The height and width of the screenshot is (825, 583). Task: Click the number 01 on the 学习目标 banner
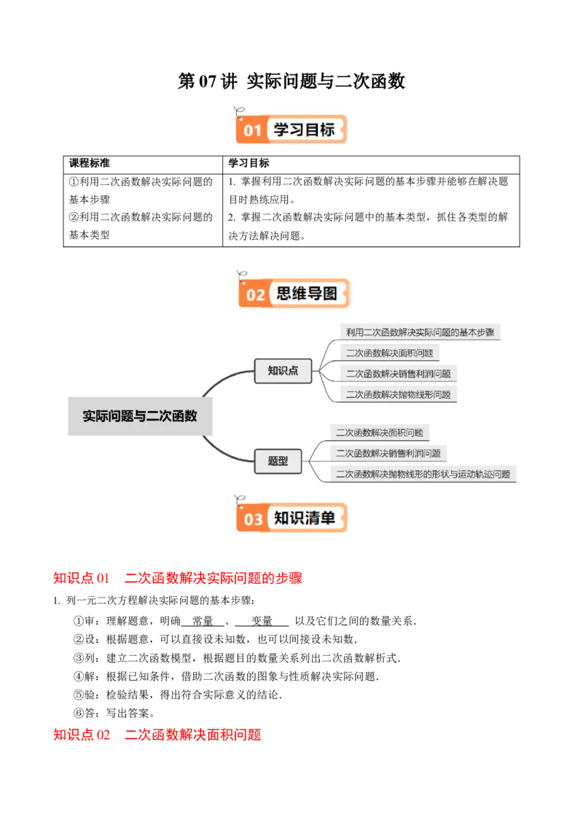point(252,131)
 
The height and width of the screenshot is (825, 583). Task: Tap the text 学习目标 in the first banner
point(304,130)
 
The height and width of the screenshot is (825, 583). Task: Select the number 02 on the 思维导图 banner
point(255,295)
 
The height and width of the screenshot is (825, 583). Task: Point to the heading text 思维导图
point(307,294)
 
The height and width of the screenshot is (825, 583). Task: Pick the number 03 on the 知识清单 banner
point(253,520)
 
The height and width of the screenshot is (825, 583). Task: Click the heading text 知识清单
point(305,518)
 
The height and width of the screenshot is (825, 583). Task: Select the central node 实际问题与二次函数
point(139,417)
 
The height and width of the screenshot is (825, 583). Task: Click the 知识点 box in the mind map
point(283,371)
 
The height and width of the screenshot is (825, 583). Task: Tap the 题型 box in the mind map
point(278,461)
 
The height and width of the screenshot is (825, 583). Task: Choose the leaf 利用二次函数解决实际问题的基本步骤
point(420,332)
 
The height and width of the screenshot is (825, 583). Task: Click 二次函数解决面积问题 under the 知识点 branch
point(389,353)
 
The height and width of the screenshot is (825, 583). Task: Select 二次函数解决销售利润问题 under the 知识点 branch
point(398,374)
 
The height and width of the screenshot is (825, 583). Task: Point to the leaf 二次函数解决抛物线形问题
point(398,394)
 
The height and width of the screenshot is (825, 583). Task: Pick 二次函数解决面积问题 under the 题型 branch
point(379,432)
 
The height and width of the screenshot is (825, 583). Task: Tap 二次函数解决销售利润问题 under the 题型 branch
point(388,453)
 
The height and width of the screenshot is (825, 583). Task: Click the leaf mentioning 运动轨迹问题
point(423,474)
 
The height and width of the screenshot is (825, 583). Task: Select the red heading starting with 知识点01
point(177,579)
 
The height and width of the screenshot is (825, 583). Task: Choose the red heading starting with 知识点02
point(157,735)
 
